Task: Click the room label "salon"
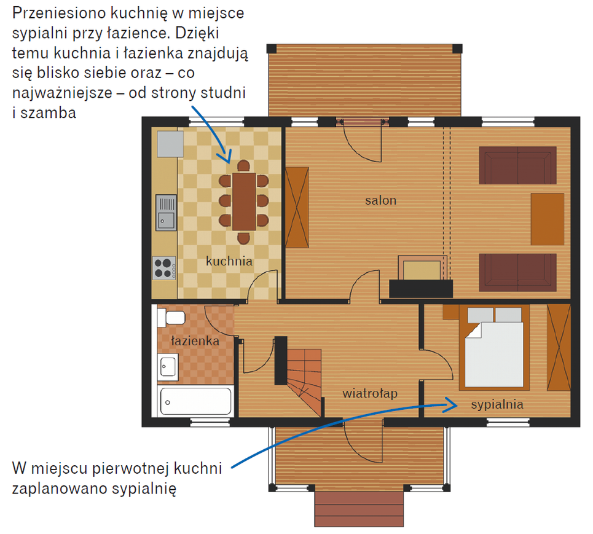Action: click(380, 200)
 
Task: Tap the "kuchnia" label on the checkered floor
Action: click(229, 261)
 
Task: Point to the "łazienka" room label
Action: click(195, 341)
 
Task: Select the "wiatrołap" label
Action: click(370, 393)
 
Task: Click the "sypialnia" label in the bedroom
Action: click(497, 405)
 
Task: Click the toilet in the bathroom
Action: click(171, 317)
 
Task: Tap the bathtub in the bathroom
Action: click(195, 401)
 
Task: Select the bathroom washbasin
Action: click(168, 367)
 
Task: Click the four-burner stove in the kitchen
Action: click(164, 268)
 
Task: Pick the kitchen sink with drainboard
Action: click(166, 212)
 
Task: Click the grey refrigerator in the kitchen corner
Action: click(170, 144)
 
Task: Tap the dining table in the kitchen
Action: click(244, 202)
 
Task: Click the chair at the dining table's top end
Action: click(243, 166)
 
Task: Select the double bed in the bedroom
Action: click(494, 348)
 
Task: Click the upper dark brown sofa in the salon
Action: click(517, 165)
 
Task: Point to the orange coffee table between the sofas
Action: click(548, 219)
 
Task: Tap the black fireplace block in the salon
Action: click(421, 289)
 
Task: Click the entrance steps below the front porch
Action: click(359, 509)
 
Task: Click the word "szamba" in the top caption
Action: click(48, 113)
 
